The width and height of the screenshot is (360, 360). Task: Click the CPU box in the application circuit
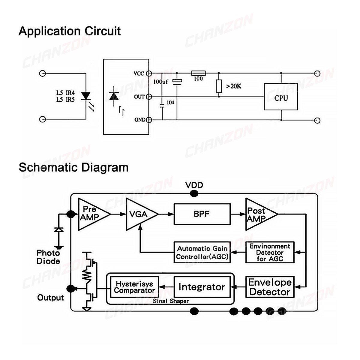(281, 97)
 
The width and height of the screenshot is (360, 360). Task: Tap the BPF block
(202, 214)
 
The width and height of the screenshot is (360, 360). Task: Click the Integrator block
(202, 287)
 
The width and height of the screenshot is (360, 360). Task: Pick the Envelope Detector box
(270, 287)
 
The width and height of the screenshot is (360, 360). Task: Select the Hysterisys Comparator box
(134, 287)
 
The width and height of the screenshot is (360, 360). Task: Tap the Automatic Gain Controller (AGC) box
(202, 252)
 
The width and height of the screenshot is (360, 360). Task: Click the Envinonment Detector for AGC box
(270, 252)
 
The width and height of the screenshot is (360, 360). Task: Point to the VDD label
(194, 185)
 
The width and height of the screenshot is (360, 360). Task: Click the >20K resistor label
(234, 86)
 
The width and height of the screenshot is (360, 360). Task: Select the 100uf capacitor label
(161, 82)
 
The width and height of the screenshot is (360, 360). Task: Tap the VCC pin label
(139, 73)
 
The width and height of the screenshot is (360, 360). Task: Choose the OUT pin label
(139, 97)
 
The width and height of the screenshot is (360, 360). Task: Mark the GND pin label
(140, 120)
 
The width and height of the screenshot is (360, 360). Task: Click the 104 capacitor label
(170, 103)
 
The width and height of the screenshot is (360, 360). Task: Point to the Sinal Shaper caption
(171, 301)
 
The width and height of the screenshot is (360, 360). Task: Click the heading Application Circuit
(70, 31)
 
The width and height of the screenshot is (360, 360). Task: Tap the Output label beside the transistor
(50, 298)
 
